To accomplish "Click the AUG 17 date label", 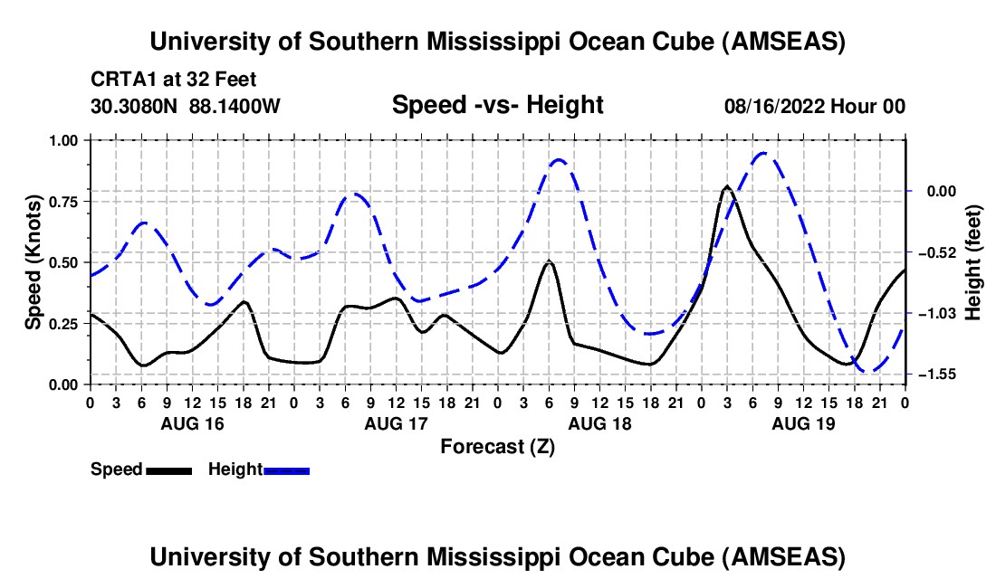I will (395, 422).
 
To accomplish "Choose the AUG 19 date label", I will (803, 422).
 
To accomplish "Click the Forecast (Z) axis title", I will (497, 446).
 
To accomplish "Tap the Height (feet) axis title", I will (973, 258).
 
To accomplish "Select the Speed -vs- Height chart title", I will (497, 105).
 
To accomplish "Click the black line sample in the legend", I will (168, 470).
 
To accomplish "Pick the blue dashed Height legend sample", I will (286, 470).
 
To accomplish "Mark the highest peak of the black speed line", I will (727, 187).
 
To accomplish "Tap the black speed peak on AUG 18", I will (549, 261).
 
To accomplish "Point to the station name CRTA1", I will (120, 80).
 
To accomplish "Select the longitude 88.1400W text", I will (235, 107).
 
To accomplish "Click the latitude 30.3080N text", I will (135, 107).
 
